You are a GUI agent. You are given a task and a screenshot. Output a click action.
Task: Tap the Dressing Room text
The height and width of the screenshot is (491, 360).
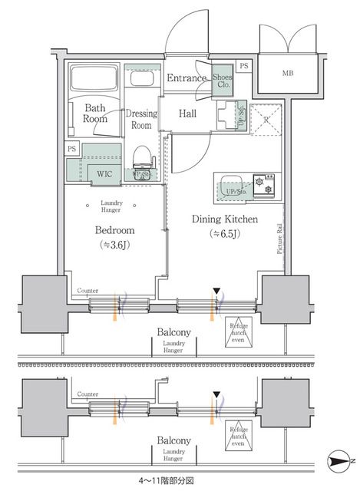click(142, 119)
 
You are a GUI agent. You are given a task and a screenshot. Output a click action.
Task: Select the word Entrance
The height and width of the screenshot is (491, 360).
click(187, 78)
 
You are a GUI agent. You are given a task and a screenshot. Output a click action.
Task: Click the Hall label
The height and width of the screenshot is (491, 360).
click(187, 114)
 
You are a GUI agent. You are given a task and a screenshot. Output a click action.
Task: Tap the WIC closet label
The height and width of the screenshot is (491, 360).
click(104, 173)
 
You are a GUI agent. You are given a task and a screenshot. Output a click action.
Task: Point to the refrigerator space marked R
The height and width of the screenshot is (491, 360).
click(265, 120)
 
